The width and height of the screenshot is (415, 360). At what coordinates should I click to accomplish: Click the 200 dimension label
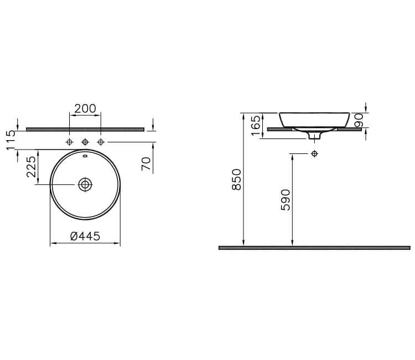coord(85,109)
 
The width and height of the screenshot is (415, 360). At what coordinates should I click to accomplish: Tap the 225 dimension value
coord(31,167)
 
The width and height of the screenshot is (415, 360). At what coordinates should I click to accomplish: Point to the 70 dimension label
coord(146,163)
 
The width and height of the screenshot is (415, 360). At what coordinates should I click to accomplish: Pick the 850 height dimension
coord(236,180)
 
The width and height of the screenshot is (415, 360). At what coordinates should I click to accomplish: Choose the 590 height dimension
coord(286,199)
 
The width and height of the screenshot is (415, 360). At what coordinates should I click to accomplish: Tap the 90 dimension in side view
coord(359,120)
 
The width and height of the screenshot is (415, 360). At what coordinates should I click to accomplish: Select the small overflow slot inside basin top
coord(85,157)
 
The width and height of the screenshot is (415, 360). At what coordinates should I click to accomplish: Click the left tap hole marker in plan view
coord(69,143)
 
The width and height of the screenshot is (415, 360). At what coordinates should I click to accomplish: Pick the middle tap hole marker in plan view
coord(85,143)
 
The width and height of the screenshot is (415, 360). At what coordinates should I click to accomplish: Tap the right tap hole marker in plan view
coord(100,143)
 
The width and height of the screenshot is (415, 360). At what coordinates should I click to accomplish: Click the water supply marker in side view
coord(314,153)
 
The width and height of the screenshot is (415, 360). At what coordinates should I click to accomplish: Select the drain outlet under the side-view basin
coord(314,135)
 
